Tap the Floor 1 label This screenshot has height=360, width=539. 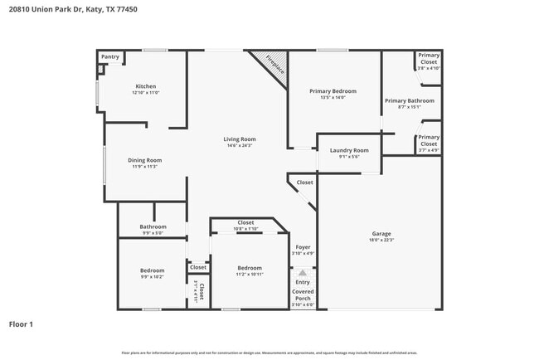point(22,324)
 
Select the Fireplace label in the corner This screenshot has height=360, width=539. point(275,66)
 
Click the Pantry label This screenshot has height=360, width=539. point(110,57)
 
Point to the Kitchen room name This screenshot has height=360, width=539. point(146,86)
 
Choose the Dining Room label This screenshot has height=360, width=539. point(144,160)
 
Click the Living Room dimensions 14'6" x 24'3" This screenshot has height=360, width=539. point(239,146)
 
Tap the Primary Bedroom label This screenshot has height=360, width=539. point(333,90)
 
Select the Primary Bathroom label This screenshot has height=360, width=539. point(409,100)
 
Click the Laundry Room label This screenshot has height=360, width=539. point(349,150)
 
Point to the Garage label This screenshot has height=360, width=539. point(381,234)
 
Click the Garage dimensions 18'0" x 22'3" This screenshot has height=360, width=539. point(381,241)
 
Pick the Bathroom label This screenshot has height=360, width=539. point(153,226)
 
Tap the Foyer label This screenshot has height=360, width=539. point(303,247)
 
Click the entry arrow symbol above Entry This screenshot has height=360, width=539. point(303,272)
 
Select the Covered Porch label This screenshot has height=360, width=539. point(303,294)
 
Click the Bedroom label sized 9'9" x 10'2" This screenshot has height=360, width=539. point(152,270)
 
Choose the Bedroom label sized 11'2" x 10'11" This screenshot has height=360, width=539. point(250,268)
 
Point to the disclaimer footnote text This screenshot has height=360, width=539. point(269,353)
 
